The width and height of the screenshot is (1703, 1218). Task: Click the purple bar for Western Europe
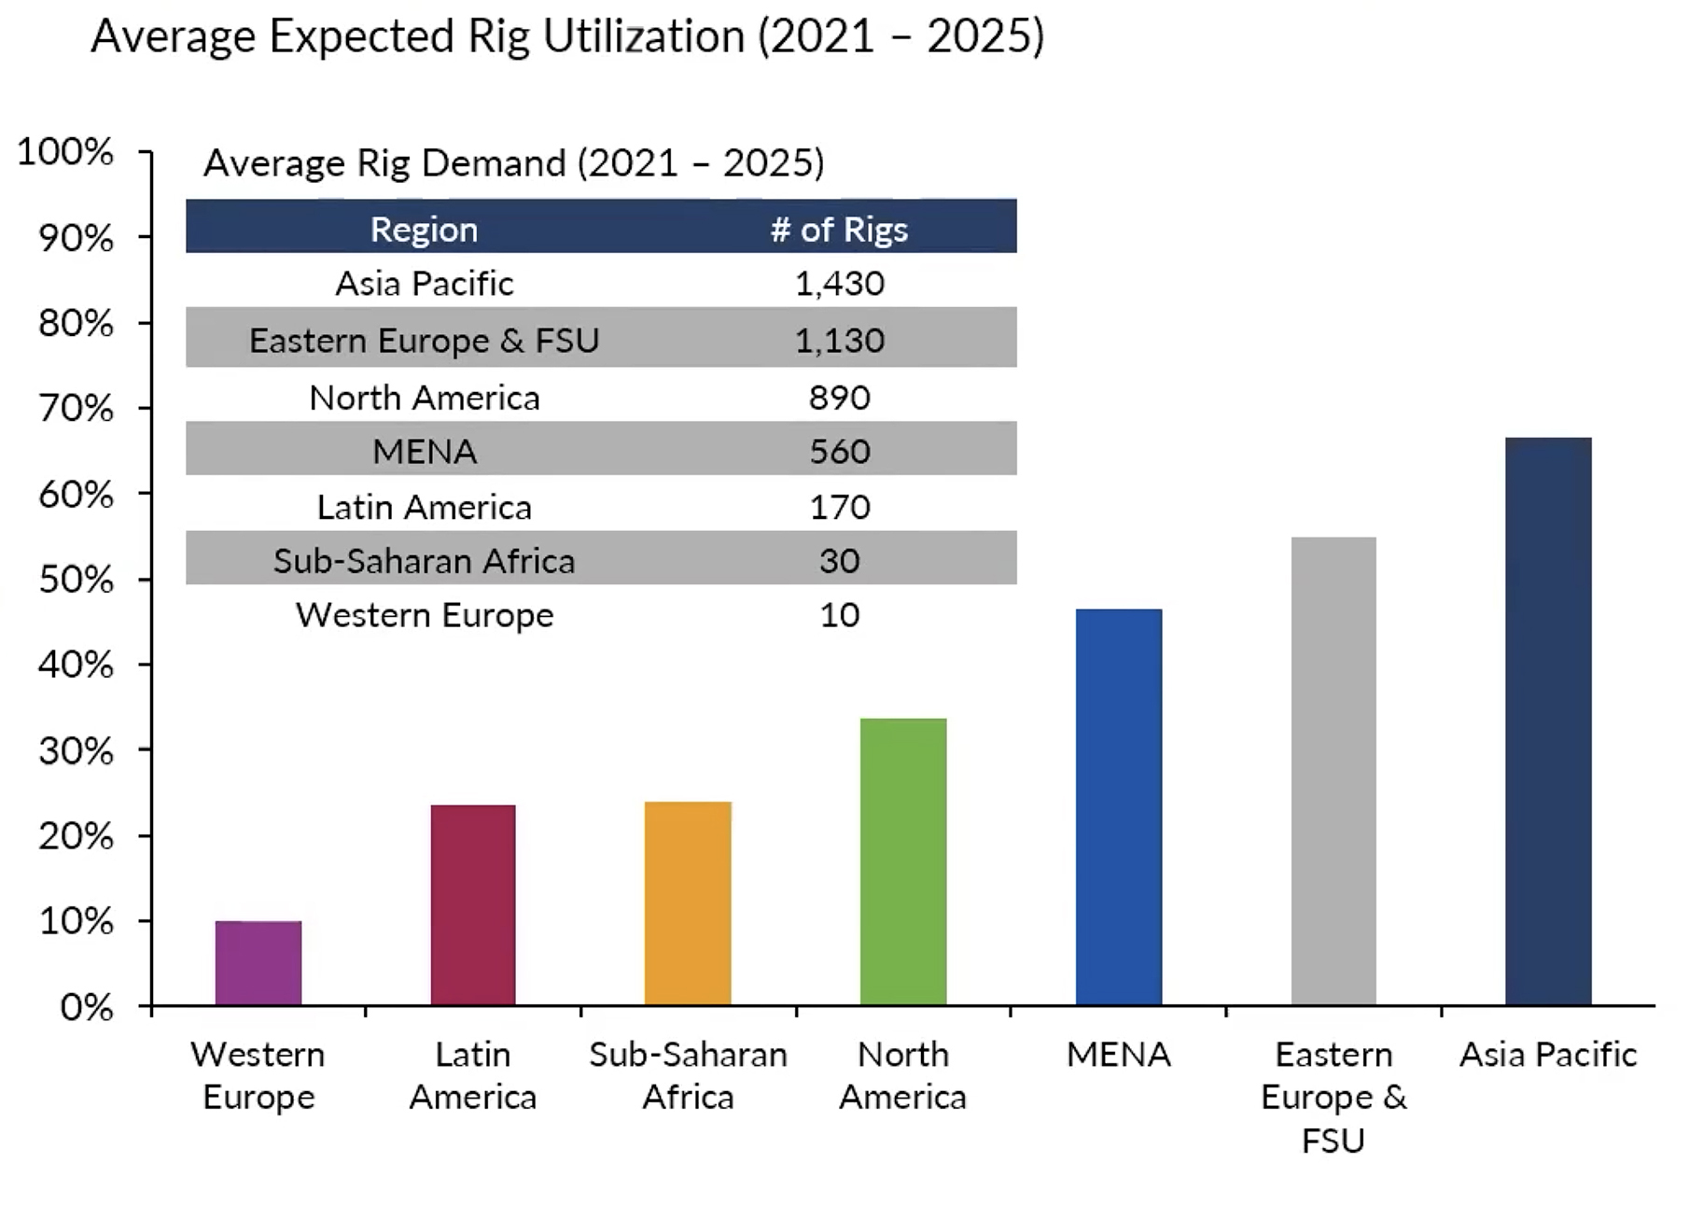coord(258,962)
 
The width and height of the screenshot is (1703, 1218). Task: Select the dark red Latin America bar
coord(473,904)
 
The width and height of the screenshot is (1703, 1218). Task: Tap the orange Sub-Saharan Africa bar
coord(688,903)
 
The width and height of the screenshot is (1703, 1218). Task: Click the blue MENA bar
coord(1119,806)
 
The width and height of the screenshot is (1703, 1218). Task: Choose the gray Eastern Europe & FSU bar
coord(1333,771)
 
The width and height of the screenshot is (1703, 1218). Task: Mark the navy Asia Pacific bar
coord(1548,721)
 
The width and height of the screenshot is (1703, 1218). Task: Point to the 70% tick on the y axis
coord(76,409)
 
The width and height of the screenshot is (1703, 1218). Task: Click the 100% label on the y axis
coord(65,151)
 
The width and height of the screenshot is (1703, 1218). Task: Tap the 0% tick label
coord(86,1007)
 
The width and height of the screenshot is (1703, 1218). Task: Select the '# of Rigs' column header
coord(839,230)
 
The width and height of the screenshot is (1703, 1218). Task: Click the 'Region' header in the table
coord(424,230)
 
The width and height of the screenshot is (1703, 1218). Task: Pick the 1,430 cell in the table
coord(839,283)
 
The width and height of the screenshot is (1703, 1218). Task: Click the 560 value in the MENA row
coord(839,452)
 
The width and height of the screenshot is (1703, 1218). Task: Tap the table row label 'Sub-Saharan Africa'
coord(424,561)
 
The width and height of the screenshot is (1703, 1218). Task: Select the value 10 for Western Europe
coord(839,615)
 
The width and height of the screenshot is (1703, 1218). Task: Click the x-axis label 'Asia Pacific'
coord(1548,1055)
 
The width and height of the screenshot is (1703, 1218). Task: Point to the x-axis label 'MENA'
coord(1118,1055)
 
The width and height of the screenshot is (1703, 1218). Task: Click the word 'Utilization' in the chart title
coord(643,37)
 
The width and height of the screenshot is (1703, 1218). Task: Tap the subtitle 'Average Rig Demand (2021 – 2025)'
coord(513,163)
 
